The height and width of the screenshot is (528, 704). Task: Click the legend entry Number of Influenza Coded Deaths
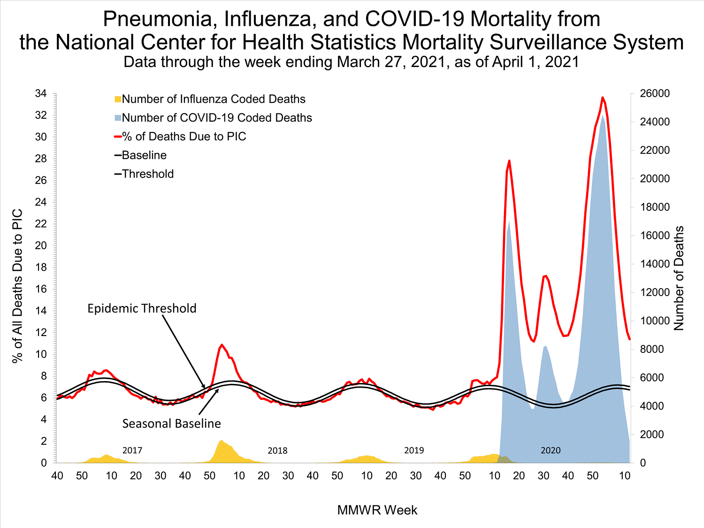(214, 99)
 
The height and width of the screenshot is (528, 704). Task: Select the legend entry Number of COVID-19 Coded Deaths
(217, 118)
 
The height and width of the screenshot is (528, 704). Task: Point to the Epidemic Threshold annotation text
(142, 308)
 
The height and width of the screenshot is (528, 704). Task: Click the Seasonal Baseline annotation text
(171, 424)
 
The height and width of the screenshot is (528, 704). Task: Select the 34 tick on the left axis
(41, 93)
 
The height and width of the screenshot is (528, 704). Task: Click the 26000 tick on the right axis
(655, 93)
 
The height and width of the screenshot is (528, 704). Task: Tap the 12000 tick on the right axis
(655, 292)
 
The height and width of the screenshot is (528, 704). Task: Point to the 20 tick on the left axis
(41, 245)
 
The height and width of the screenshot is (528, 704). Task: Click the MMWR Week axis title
(377, 510)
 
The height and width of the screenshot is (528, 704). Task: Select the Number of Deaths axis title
(679, 278)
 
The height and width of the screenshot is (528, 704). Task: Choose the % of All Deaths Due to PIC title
(17, 286)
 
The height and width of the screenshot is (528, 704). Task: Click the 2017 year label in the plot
(132, 451)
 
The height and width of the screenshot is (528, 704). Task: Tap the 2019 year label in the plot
(414, 451)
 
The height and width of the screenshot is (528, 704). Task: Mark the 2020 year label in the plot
(551, 451)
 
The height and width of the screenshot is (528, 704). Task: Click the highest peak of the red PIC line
(603, 98)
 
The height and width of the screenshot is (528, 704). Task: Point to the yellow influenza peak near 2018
(221, 441)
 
